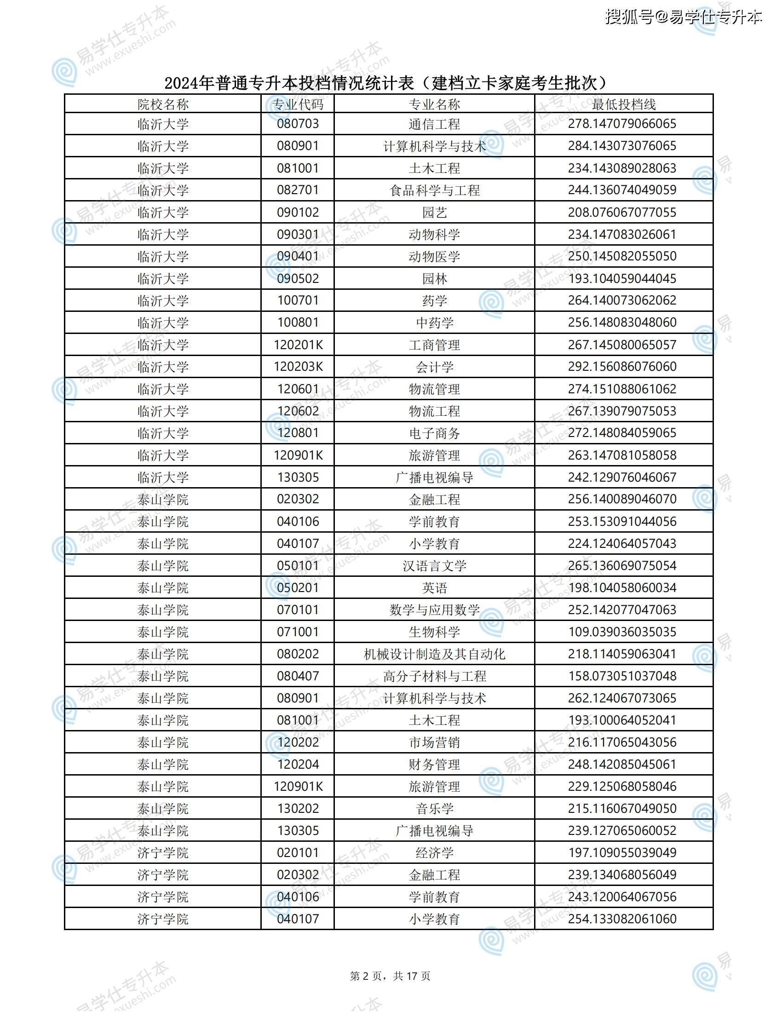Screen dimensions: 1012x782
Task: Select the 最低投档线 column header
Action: click(x=623, y=104)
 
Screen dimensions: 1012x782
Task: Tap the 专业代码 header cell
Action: click(x=298, y=104)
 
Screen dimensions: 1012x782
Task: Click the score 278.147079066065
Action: click(x=622, y=124)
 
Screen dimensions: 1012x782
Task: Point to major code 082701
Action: click(x=298, y=190)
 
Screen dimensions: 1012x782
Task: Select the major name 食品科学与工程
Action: click(x=434, y=190)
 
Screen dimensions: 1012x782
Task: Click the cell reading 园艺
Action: click(x=434, y=212)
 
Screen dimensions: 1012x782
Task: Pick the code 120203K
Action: click(x=298, y=367)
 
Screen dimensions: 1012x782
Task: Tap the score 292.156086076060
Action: click(x=622, y=367)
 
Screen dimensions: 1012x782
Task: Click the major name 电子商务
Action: click(x=434, y=433)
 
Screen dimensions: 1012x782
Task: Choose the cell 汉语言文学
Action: click(x=434, y=566)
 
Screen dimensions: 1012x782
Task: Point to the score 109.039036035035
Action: click(x=622, y=632)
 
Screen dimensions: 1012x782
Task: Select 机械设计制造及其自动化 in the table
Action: click(x=434, y=654)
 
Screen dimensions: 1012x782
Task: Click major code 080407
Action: click(x=298, y=676)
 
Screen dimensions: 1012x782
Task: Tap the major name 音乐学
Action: click(x=434, y=809)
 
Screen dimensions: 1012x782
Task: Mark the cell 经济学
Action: click(x=434, y=852)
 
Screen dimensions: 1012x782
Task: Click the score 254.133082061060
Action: click(x=622, y=919)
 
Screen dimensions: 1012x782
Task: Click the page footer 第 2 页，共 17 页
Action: click(x=390, y=976)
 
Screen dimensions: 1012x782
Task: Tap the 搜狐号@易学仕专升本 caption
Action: click(x=683, y=17)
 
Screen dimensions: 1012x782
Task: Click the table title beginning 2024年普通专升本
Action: click(x=385, y=83)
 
